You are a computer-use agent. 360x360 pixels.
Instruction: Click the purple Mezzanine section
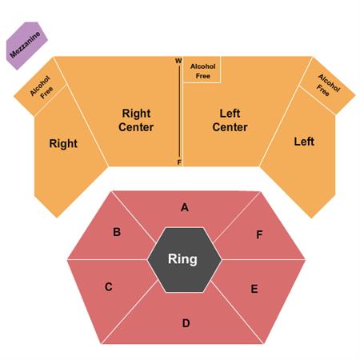coord(26,46)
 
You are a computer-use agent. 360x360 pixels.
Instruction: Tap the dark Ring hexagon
coord(185,260)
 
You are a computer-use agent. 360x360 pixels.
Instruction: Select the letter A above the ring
coord(185,207)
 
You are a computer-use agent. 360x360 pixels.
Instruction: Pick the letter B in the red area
coord(117,232)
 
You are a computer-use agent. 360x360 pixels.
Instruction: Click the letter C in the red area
coord(108,287)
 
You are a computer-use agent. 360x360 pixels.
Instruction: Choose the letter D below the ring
coord(186,323)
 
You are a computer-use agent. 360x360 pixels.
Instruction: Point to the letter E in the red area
coord(254,289)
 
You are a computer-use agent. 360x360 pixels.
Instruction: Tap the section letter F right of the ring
coord(259,234)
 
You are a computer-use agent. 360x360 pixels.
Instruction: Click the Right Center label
coord(136,120)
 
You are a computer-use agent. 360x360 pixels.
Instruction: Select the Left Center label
coord(230,120)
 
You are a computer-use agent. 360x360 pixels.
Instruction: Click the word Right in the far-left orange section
coord(63,143)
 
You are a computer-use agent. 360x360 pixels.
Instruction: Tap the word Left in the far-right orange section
coord(304,142)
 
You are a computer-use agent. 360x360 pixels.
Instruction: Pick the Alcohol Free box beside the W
coord(202,70)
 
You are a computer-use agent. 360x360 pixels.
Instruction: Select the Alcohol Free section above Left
coord(328,86)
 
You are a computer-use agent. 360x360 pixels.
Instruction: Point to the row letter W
coord(178,61)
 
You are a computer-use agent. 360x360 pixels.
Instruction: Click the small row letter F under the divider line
coord(179,162)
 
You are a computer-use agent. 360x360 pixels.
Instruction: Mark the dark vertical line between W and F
coord(179,111)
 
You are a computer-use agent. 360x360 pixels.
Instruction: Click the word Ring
coord(182,259)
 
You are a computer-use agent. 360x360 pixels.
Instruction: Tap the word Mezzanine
coord(25,45)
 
